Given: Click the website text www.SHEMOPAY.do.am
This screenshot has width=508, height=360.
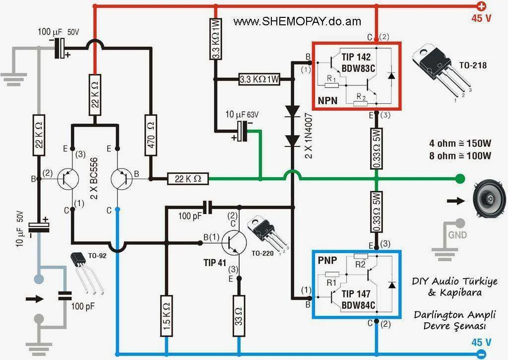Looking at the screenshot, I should pos(297,21).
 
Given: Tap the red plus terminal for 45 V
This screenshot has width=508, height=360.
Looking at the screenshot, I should pos(481,6).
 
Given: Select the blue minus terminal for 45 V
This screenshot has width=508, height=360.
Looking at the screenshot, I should pos(481,354).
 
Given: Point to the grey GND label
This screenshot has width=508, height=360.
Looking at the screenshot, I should pos(457,235).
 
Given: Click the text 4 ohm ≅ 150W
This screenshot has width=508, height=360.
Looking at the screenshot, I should pos(460,144).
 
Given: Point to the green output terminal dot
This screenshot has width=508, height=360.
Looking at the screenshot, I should pos(460,178).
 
